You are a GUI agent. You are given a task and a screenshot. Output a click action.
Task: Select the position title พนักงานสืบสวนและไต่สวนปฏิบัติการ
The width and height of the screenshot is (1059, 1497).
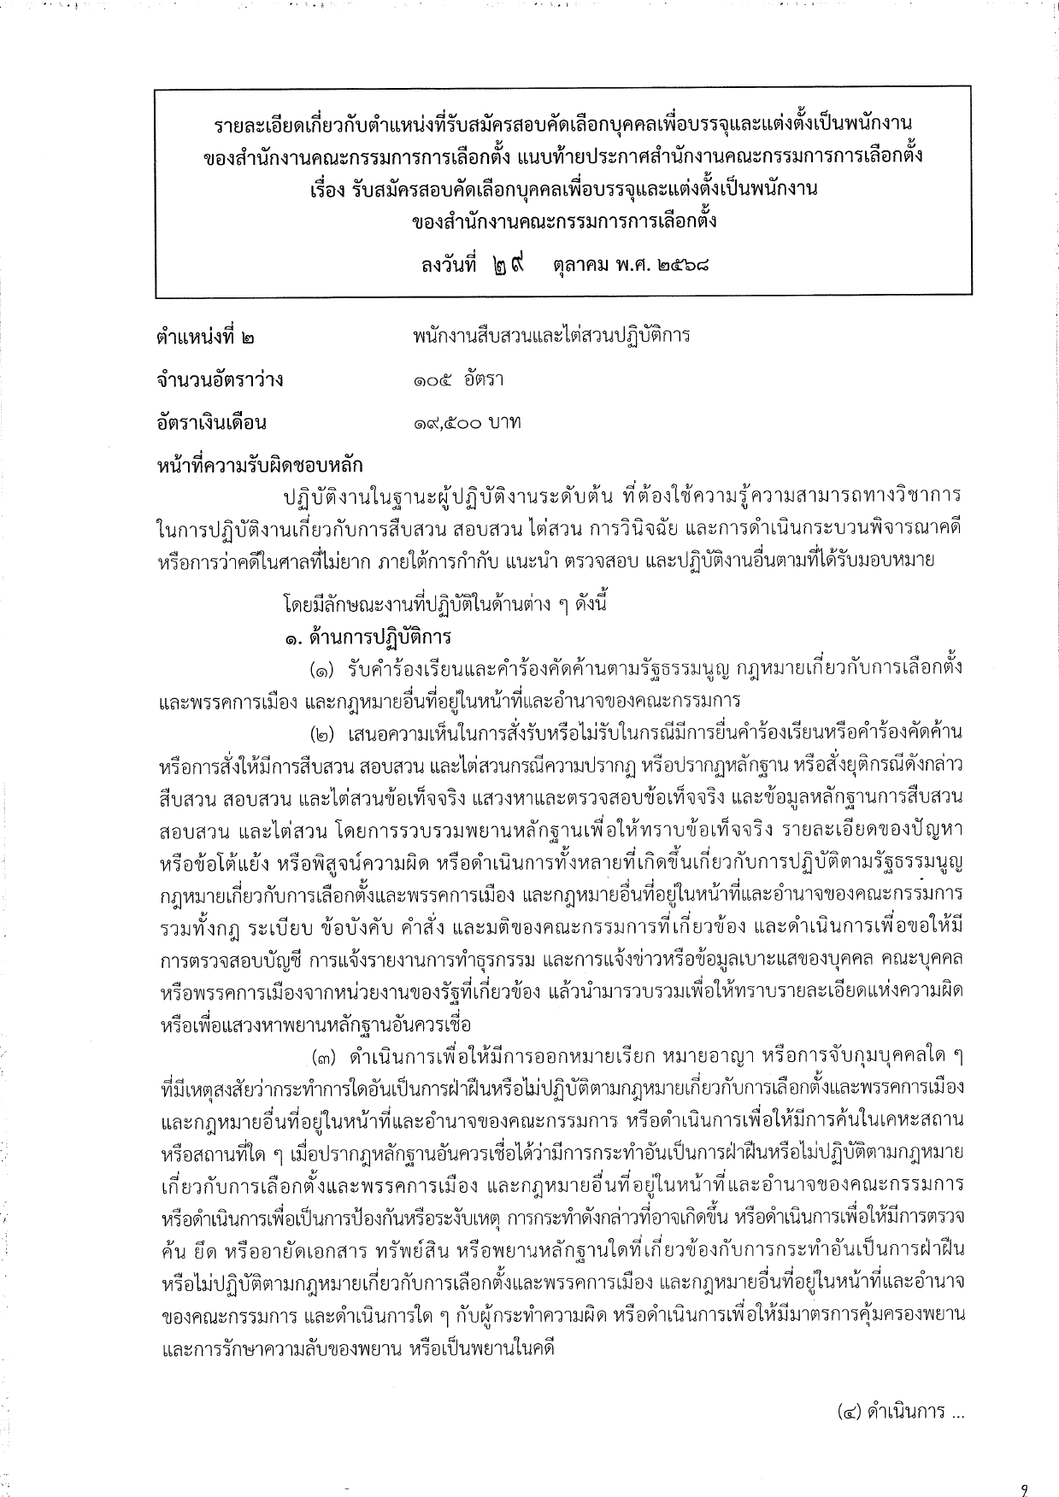click(550, 336)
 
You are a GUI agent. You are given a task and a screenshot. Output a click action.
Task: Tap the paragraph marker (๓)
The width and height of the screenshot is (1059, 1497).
click(325, 1056)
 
